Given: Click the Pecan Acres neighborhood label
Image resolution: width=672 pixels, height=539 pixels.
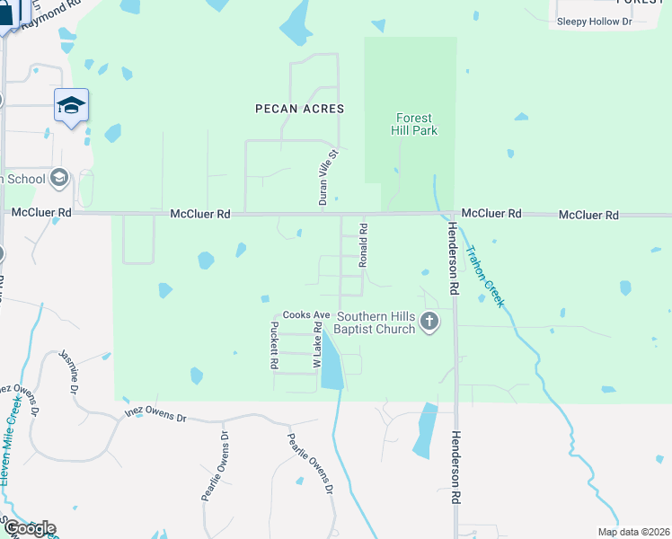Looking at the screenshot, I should [x=299, y=108].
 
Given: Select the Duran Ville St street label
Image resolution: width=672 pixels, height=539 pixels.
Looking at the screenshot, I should [x=328, y=177].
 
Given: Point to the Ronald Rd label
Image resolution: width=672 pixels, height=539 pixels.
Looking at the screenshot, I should [x=364, y=245].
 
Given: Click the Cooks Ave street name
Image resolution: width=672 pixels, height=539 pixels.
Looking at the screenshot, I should [x=306, y=315].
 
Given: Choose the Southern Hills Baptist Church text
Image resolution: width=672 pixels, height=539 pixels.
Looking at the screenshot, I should [x=376, y=323].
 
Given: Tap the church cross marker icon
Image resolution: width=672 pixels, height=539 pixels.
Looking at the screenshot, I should [x=429, y=322].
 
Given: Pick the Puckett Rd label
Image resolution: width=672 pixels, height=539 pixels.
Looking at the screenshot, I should [x=274, y=349].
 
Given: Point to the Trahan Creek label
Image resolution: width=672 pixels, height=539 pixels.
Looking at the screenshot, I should [x=483, y=276].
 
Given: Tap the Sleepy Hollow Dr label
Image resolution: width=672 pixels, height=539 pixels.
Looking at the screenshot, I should [x=595, y=21].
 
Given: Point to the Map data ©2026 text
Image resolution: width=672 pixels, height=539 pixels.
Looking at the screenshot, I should [x=632, y=532].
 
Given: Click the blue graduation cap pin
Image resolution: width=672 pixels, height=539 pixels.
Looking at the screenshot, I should [x=71, y=106].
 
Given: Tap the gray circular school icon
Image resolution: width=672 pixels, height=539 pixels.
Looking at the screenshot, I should [x=59, y=177].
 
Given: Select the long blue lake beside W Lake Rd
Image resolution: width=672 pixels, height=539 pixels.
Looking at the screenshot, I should [x=332, y=363].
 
